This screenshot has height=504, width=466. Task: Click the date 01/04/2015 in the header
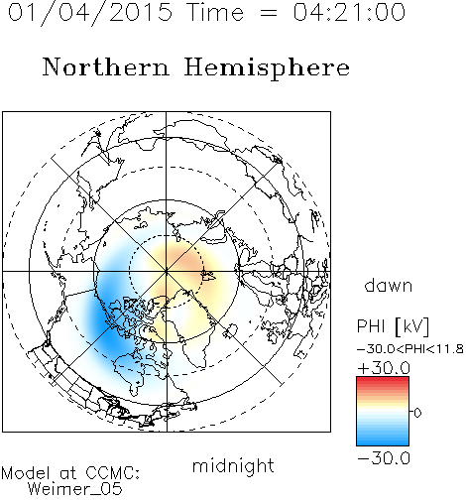tap(90, 13)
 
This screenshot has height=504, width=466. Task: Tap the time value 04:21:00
tap(349, 12)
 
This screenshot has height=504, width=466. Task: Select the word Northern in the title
tap(106, 66)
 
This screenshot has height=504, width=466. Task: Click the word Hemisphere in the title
tap(267, 68)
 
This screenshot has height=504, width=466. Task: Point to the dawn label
tap(389, 285)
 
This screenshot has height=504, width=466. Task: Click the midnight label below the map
tap(233, 465)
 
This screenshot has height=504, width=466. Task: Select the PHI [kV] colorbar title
tap(394, 326)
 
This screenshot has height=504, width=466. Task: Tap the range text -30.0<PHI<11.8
tap(410, 349)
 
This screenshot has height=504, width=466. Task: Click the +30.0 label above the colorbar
tap(384, 368)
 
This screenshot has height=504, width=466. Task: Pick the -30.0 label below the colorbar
tap(384, 458)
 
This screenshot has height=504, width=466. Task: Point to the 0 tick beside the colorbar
tap(417, 413)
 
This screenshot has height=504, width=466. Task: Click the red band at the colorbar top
tap(383, 382)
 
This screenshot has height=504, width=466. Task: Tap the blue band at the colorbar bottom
tap(383, 439)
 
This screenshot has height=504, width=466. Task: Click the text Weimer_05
tap(75, 489)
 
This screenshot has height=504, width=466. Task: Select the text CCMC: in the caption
tap(113, 473)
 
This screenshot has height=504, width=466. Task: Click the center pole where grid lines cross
tap(167, 272)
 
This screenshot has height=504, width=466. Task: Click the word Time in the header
tap(215, 13)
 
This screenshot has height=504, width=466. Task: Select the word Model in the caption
tap(26, 473)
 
